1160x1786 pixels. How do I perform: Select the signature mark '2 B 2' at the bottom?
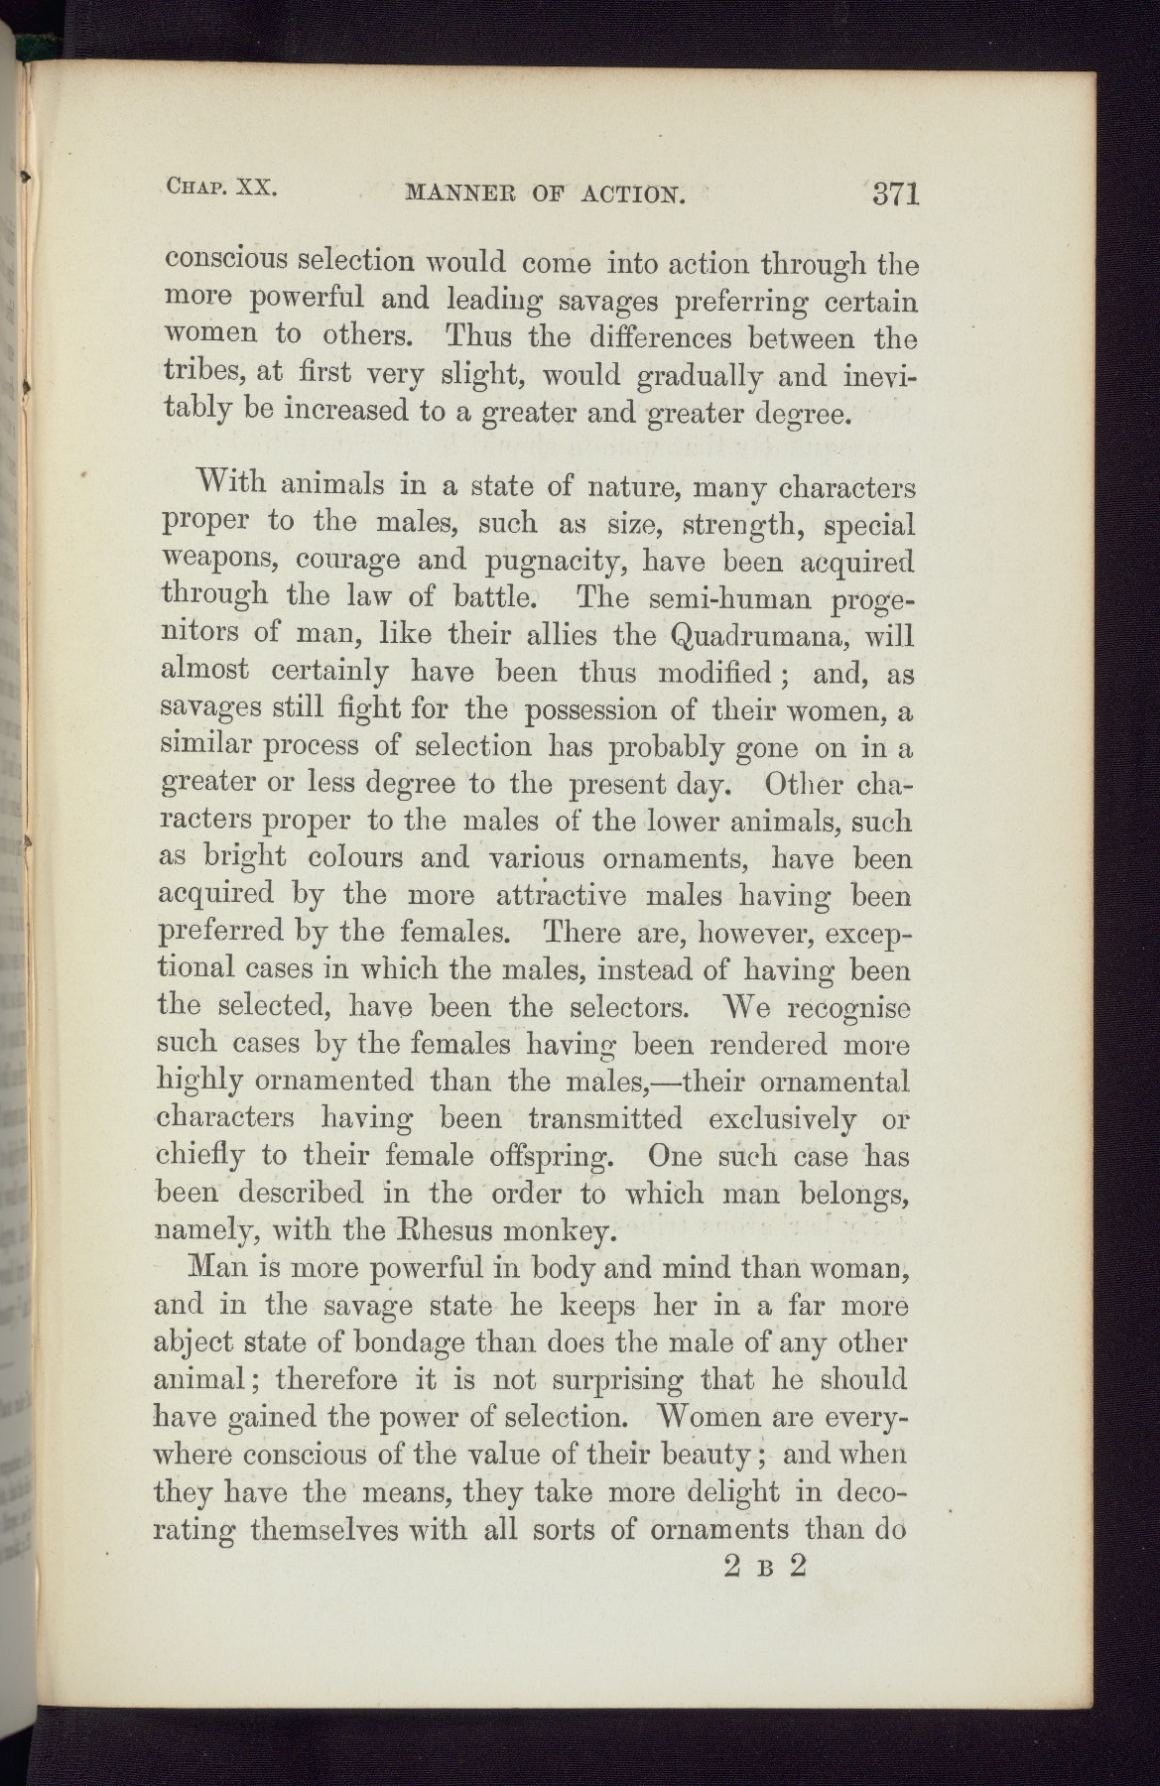pos(768,1567)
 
